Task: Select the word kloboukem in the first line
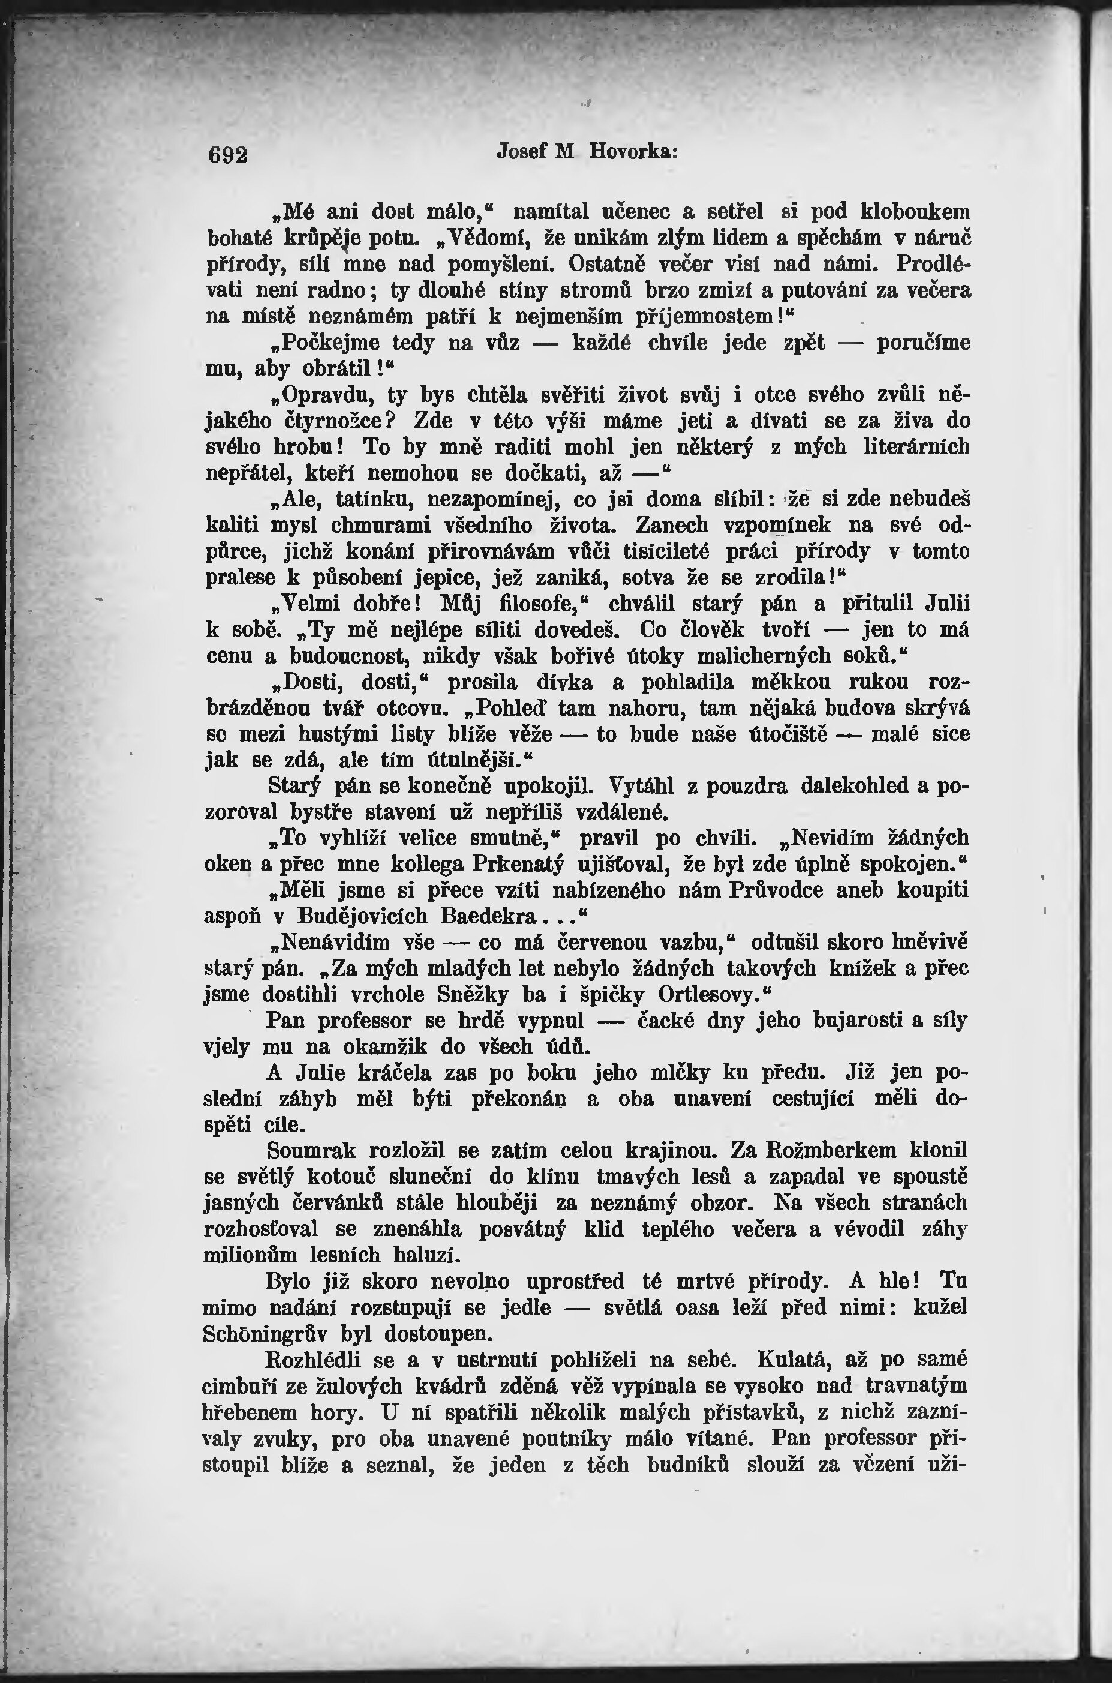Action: pos(915,212)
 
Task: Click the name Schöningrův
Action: pos(265,1333)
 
